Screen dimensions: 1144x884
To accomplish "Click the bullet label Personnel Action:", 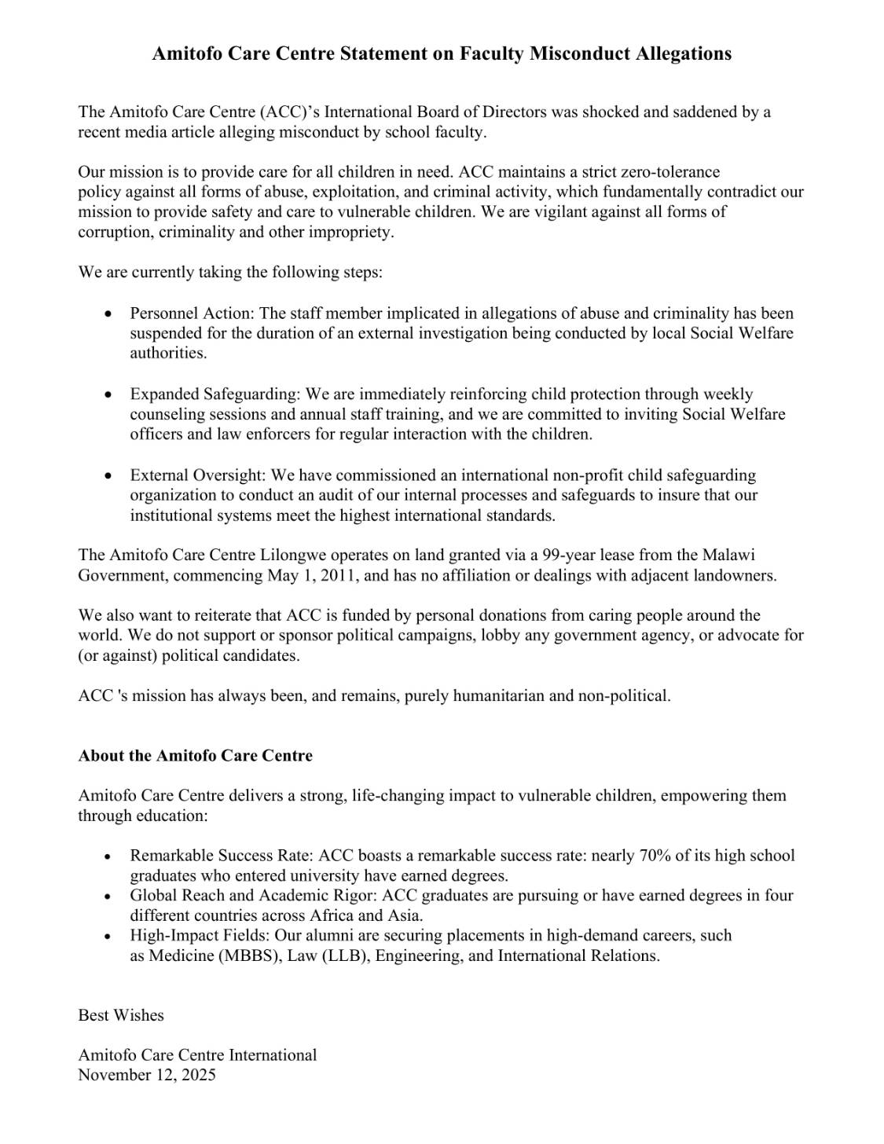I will point(193,313).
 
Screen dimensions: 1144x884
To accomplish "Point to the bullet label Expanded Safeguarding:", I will point(216,394).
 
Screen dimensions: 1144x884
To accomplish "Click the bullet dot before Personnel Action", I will point(108,313).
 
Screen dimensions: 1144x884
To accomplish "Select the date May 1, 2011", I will point(314,575).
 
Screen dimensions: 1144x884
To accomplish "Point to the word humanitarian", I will point(475,695).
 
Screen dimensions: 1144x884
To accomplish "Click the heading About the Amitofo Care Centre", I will point(195,756).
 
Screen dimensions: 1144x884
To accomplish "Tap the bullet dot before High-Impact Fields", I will point(108,937).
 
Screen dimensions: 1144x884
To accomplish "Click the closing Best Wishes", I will point(121,1015).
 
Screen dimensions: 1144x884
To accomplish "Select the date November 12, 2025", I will point(146,1075).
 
